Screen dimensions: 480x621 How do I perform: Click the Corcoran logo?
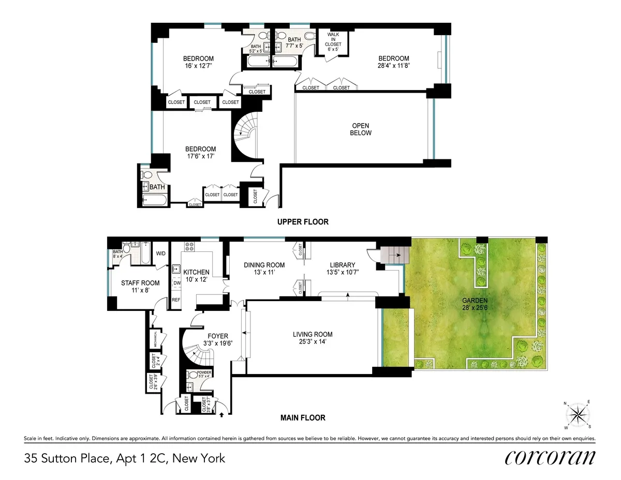550,458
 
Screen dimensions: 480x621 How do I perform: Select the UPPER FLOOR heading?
303,222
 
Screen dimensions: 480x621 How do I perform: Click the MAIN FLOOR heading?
302,417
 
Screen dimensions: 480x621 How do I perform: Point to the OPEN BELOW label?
361,129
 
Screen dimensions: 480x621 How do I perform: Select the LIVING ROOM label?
312,338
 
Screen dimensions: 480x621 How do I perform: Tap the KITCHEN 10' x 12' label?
197,276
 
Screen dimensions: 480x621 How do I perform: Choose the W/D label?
161,253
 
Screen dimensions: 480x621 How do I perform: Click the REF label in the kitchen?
176,299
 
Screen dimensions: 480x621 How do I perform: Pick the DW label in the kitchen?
176,283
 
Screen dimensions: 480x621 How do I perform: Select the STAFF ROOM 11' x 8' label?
140,287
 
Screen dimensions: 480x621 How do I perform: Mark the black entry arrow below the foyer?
222,414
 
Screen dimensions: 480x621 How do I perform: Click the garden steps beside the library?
391,253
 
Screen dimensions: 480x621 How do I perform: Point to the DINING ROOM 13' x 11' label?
264,269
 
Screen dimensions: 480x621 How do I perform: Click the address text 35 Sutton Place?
124,458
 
